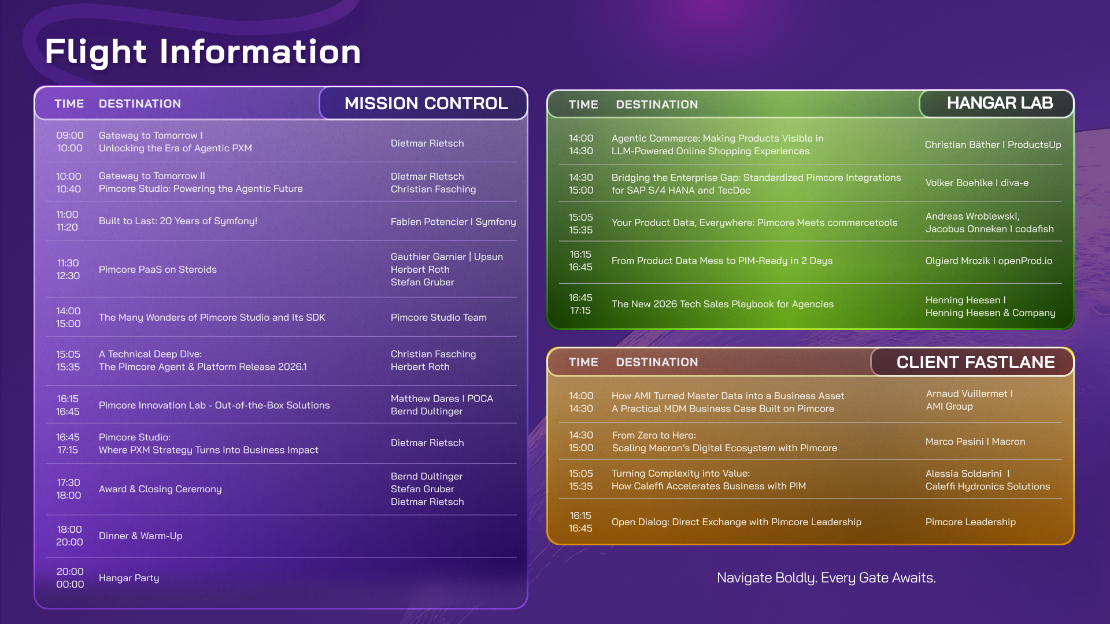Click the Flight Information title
point(203,52)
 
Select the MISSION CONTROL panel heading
point(426,103)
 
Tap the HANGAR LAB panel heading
point(1000,103)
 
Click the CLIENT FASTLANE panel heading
point(975,362)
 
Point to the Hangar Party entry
point(129,578)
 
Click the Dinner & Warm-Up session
point(140,536)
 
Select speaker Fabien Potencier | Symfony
point(453,221)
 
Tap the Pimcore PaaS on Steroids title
point(158,269)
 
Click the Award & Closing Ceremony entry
point(160,489)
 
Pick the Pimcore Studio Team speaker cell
point(438,317)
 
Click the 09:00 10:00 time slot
point(69,142)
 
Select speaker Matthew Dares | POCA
point(442,399)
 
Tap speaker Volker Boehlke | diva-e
point(976,183)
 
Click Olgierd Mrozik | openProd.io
point(989,261)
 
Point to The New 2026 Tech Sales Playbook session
point(722,304)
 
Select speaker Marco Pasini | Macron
point(975,441)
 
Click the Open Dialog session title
point(736,522)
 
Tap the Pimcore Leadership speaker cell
point(970,522)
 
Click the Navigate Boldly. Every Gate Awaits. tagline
point(826,578)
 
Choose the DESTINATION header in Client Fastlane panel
point(657,362)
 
